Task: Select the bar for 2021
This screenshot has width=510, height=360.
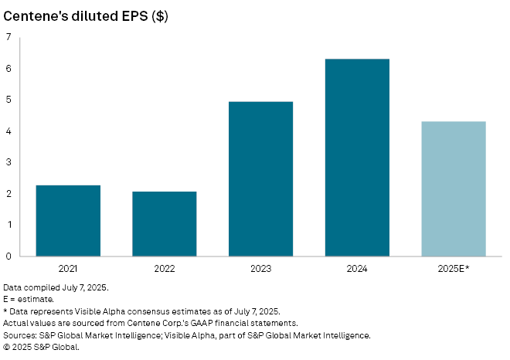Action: click(68, 220)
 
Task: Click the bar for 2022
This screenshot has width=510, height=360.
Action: click(165, 223)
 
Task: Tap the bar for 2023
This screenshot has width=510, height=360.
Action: click(260, 178)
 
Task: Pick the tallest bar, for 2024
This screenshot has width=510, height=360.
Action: click(357, 158)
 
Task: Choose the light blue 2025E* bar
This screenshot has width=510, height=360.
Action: click(454, 188)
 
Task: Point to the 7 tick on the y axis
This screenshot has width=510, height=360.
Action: click(9, 37)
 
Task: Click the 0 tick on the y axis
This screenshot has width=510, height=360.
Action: click(9, 256)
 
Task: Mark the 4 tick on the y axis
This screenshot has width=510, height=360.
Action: click(9, 131)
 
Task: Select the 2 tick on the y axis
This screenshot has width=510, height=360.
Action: click(9, 194)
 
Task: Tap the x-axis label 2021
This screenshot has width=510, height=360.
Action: click(68, 268)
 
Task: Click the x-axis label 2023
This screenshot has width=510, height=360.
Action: click(260, 268)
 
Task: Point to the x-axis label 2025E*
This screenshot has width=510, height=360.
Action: click(454, 268)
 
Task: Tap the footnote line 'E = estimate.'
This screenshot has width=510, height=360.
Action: click(29, 297)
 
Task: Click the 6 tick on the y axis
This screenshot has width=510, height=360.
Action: click(9, 69)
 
